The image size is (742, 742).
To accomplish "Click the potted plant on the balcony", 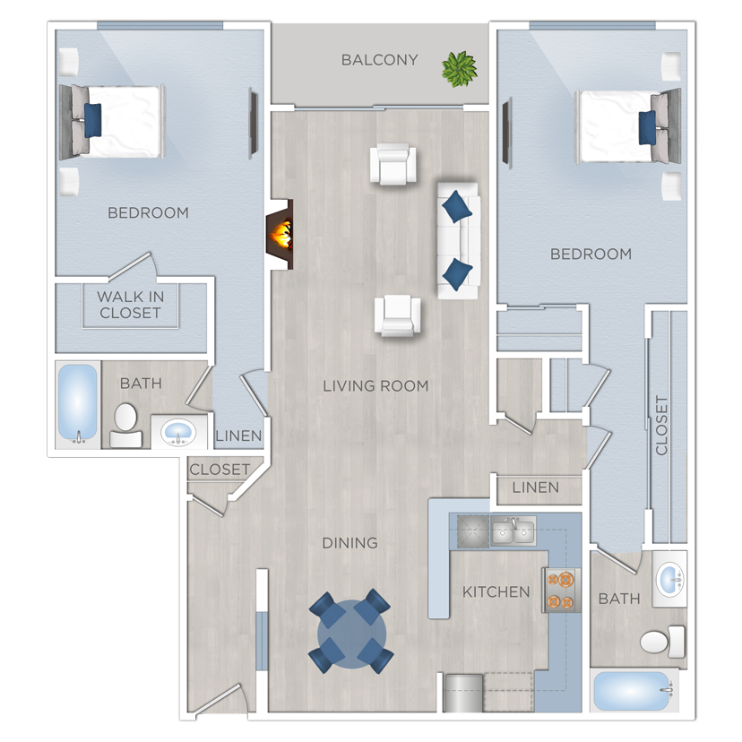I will point(460,68).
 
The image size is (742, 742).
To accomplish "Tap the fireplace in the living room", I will point(280,234).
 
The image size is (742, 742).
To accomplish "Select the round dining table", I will point(351,632).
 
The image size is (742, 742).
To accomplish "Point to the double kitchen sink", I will point(513,532).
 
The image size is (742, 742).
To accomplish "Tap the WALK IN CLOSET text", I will point(130,305).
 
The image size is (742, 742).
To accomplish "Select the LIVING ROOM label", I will point(375,386).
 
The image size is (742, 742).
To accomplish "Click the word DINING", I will point(350,543).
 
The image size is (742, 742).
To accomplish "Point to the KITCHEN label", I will point(496,591).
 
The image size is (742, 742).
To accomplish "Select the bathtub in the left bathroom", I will point(78,404).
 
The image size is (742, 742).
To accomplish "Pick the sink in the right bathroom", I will point(669,580).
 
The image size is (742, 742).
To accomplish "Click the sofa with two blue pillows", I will point(458,239).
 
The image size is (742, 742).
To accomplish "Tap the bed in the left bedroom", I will point(112,121).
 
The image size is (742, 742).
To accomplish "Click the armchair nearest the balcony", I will point(394,165).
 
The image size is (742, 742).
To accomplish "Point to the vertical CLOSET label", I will point(662,425).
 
